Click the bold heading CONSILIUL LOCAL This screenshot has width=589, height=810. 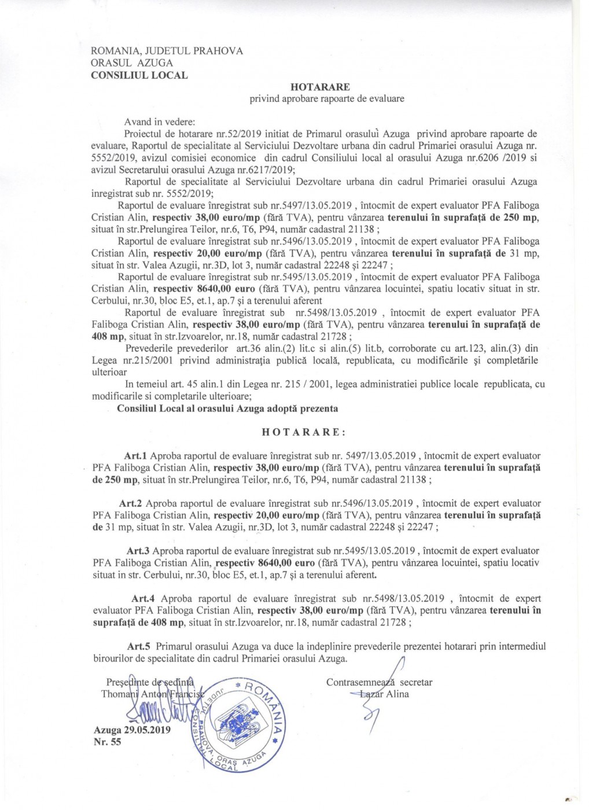(x=139, y=75)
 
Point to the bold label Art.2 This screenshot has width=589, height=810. (x=131, y=503)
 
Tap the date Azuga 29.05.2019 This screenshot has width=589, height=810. (x=132, y=730)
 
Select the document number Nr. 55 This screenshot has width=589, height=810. (x=107, y=742)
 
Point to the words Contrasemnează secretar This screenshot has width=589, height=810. (x=379, y=682)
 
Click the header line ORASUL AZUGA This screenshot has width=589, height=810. (x=132, y=62)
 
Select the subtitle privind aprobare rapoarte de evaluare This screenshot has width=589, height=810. (x=327, y=98)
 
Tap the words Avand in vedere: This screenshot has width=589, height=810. (x=160, y=123)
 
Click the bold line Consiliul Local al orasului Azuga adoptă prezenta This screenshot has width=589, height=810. (x=227, y=408)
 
